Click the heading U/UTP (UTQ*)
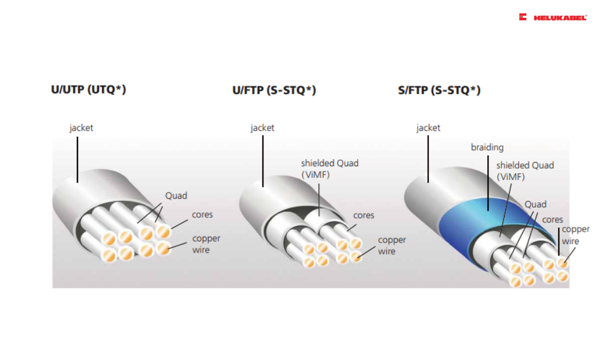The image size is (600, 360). coord(88,90)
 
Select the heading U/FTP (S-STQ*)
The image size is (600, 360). coord(274,90)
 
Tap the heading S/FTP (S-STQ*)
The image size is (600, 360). coord(439,90)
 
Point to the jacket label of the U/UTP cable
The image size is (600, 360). coord(81,128)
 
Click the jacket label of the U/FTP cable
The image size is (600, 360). coord(262,128)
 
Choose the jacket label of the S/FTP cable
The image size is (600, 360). coord(428,128)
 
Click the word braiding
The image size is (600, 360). coord(487,147)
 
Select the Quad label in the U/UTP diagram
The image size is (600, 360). coord(176,196)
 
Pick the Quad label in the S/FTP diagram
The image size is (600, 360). coord(535,205)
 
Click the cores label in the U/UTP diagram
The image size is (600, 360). coord(202,214)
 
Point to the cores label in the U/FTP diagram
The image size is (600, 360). coord(364,215)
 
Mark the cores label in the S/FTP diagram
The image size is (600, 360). coord(553,220)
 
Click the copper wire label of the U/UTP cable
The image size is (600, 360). coord(206,244)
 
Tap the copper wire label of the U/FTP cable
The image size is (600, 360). coord(391,245)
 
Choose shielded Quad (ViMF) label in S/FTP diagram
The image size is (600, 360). coord(524,171)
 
